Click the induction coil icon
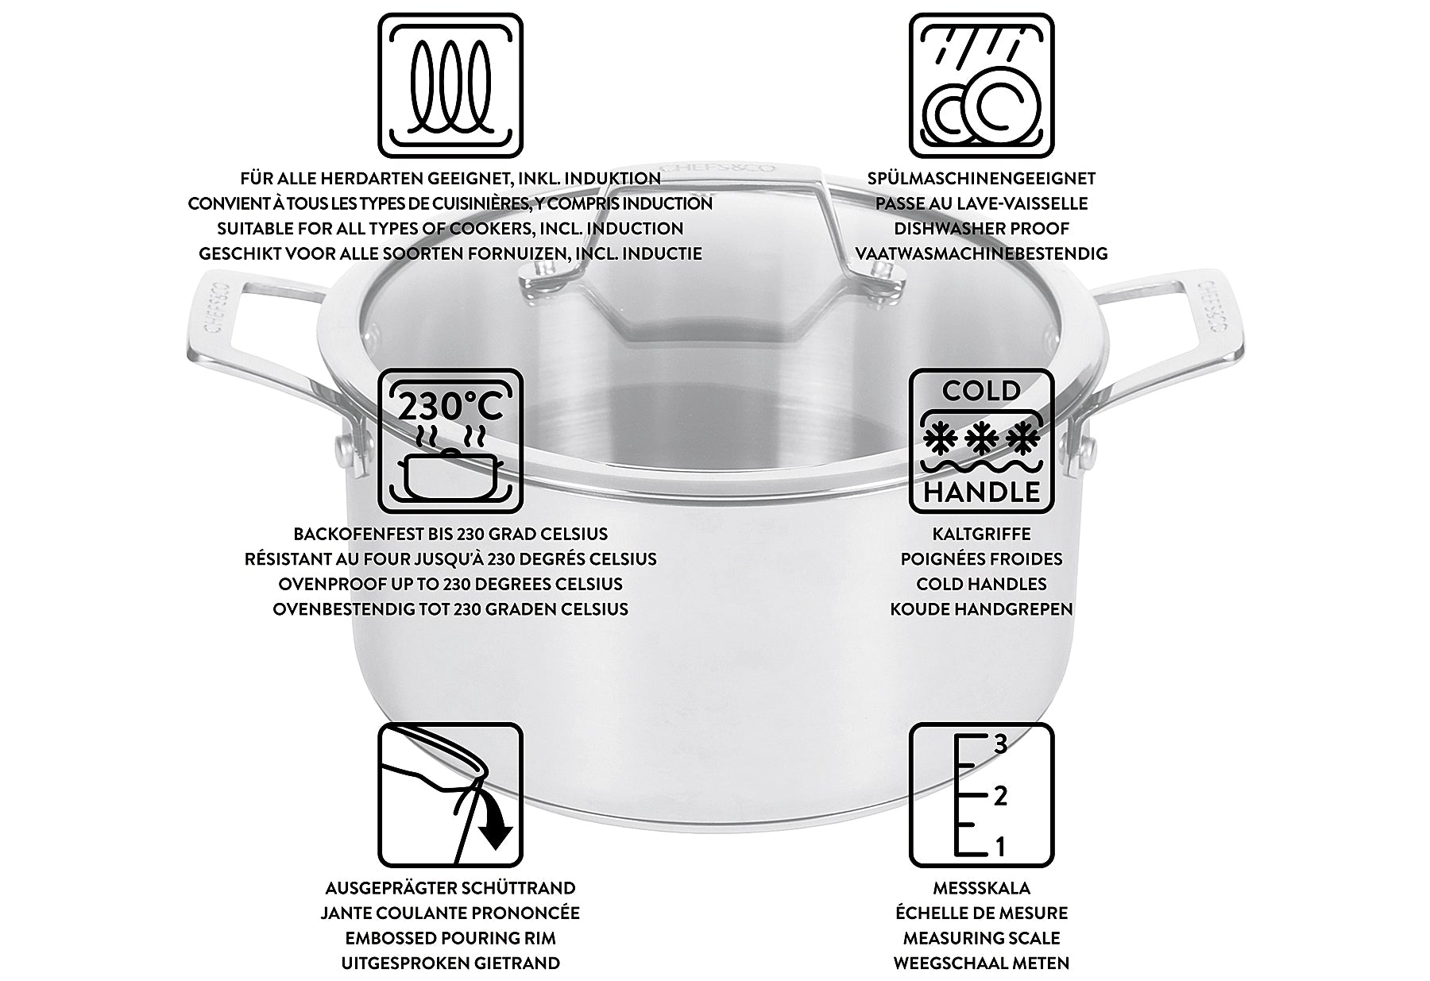click(450, 85)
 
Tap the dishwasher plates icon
click(981, 85)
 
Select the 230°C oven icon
click(450, 440)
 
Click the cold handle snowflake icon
click(981, 440)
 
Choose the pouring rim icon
click(450, 795)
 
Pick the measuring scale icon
click(981, 795)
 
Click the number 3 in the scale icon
click(1000, 744)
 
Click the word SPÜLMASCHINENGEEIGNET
click(981, 179)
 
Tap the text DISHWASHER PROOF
click(981, 229)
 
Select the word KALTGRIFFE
click(981, 534)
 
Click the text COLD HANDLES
click(981, 584)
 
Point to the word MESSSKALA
click(981, 888)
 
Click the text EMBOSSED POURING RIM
click(450, 938)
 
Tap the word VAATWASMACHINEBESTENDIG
click(981, 254)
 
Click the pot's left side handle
click(262, 357)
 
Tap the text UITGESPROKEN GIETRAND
click(450, 964)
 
